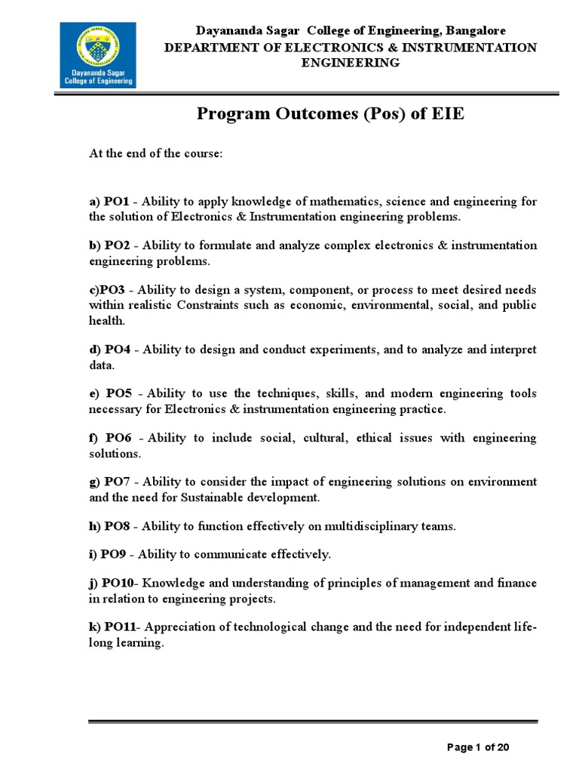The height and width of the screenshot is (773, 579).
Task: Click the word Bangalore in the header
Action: pos(476,30)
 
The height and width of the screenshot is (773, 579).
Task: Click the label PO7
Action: pos(118,482)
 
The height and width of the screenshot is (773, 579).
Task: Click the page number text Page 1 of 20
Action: pos(479,747)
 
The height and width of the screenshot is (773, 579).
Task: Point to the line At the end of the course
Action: pos(156,153)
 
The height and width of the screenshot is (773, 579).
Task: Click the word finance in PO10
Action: pos(515,583)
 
